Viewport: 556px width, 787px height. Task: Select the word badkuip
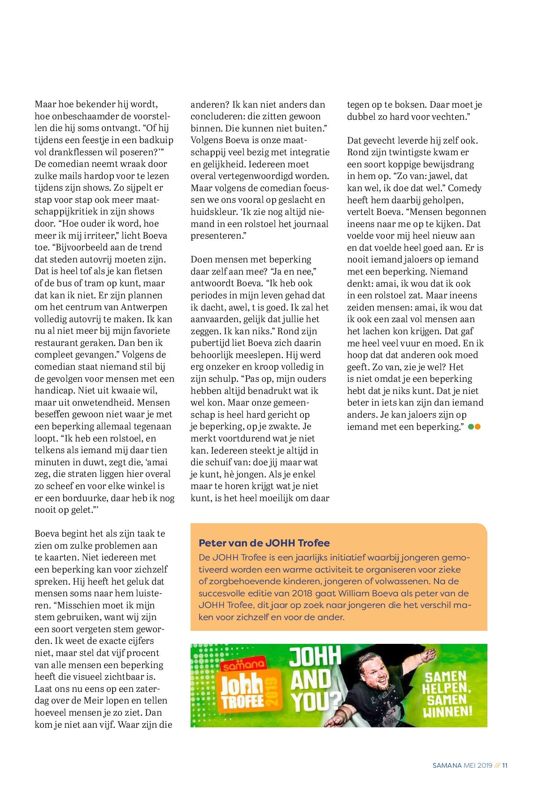155,140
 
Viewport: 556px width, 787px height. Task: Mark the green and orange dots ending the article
474,427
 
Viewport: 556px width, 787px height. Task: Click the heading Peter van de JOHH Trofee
264,543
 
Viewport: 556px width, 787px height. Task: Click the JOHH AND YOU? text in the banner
313,685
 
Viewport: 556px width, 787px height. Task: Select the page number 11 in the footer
505,765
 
